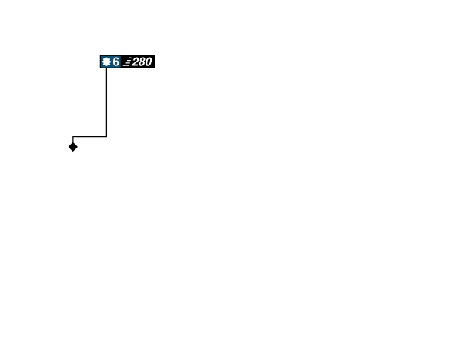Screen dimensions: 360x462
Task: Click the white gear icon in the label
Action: pos(106,62)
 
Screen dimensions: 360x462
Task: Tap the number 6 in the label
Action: pos(116,62)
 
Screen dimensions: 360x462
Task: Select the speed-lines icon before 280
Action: pos(126,62)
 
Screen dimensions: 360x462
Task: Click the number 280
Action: pos(142,62)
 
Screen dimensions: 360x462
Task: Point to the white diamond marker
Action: pos(73,147)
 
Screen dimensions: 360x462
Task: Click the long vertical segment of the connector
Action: pos(106,100)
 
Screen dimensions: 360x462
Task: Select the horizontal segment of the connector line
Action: pos(89,136)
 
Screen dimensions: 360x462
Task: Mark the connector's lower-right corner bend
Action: pos(106,136)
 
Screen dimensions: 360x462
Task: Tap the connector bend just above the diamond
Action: pos(72,136)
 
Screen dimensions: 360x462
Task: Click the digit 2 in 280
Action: pos(136,62)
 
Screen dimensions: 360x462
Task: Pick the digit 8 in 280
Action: pos(142,62)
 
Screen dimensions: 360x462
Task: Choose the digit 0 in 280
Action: pos(148,62)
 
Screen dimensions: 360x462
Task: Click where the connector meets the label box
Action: pos(106,69)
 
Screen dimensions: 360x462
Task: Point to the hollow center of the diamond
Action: pos(73,147)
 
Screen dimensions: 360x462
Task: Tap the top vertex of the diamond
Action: pos(73,141)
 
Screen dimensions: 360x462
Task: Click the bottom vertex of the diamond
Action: pos(73,153)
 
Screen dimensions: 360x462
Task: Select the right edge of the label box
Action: pos(155,62)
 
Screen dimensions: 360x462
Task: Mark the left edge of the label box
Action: pos(99,62)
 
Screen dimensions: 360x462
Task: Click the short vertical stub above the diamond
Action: pos(72,138)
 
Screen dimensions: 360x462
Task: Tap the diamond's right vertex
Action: pos(79,147)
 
